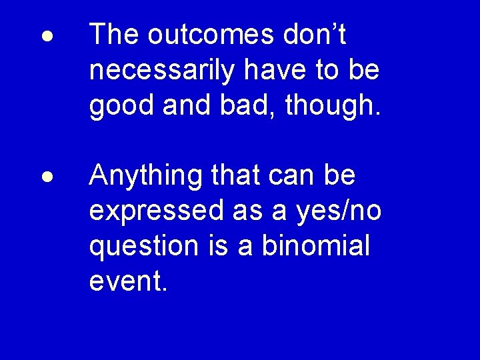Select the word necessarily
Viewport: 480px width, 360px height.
tap(162, 71)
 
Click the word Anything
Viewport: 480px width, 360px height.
tap(146, 177)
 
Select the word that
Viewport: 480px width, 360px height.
tap(235, 176)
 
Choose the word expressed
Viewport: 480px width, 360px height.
tap(157, 212)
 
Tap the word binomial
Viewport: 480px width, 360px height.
tap(315, 246)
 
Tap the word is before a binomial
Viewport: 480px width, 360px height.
tap(213, 246)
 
